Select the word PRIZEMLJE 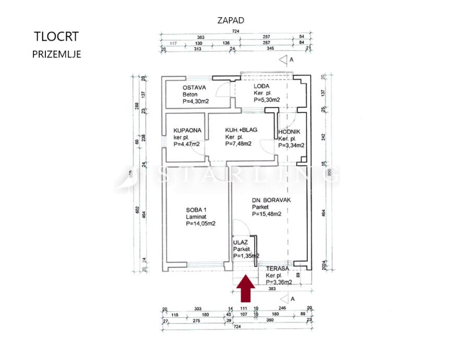coord(56,54)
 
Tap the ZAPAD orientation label coord(231,21)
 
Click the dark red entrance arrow coord(246,290)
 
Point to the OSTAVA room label coord(194,88)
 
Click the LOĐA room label coord(261,86)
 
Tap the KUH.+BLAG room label coord(241,130)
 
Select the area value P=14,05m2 coord(201,223)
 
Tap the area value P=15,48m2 coord(267,213)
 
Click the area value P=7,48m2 coord(238,144)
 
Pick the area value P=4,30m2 coord(196,101)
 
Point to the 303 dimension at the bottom coord(198,309)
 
